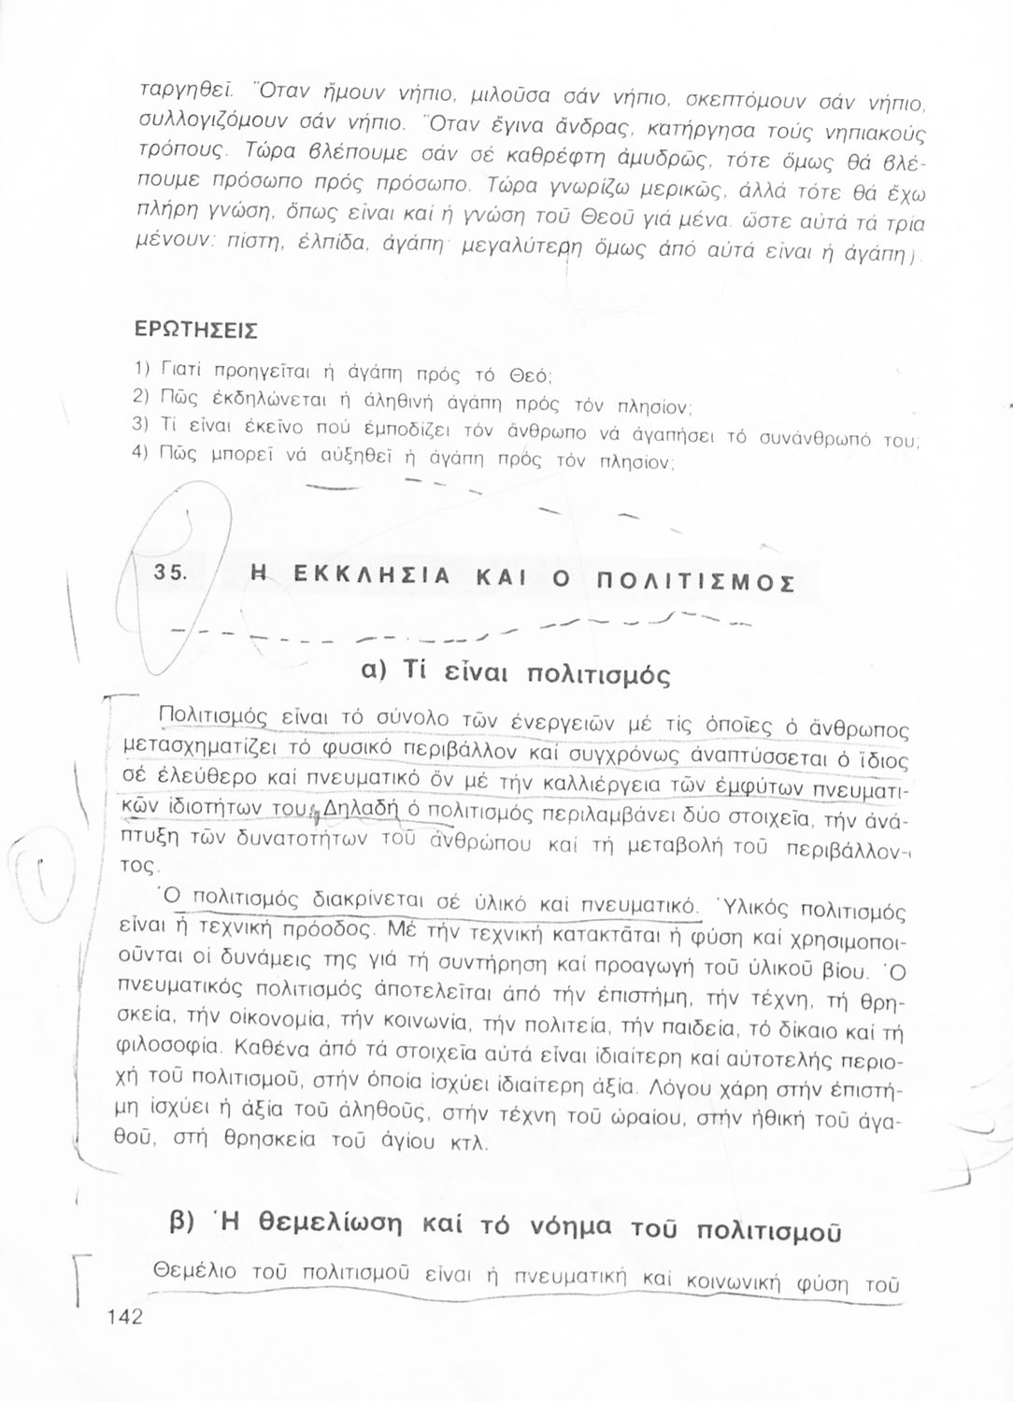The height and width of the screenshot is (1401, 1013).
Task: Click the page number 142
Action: coord(124,1317)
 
